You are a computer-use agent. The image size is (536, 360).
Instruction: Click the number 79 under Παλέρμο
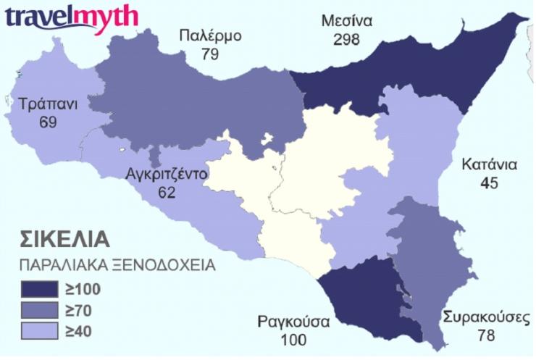(x=210, y=54)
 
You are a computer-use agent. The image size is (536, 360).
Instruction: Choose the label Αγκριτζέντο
(x=167, y=175)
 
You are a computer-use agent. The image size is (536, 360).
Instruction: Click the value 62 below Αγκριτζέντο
(x=167, y=193)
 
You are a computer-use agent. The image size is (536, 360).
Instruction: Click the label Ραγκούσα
(x=293, y=322)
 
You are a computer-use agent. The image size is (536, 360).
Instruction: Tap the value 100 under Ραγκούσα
(x=293, y=340)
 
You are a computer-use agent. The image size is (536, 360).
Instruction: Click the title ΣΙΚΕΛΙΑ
(x=64, y=240)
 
